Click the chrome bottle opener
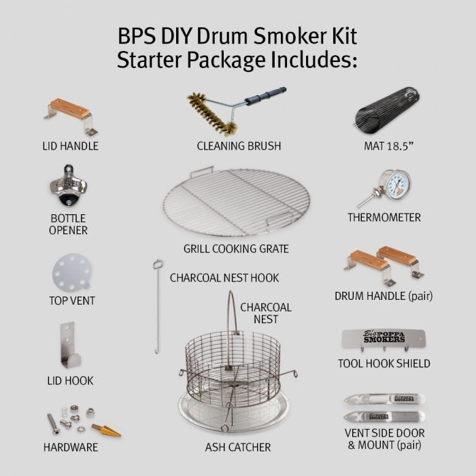pyautogui.click(x=68, y=185)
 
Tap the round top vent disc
pyautogui.click(x=71, y=272)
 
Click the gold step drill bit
pyautogui.click(x=106, y=430)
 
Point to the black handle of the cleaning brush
pyautogui.click(x=265, y=96)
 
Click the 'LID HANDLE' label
pyautogui.click(x=71, y=146)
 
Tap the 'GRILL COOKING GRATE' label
pyautogui.click(x=236, y=249)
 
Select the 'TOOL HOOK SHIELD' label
pyautogui.click(x=384, y=363)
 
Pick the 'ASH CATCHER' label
pyautogui.click(x=238, y=447)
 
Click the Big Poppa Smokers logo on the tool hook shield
pyautogui.click(x=384, y=337)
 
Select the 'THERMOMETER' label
pyautogui.click(x=384, y=218)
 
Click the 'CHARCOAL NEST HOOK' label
pyautogui.click(x=224, y=277)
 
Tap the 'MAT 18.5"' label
pyautogui.click(x=388, y=146)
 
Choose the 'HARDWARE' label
pyautogui.click(x=71, y=447)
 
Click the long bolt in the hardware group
pyautogui.click(x=53, y=424)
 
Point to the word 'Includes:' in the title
pyautogui.click(x=314, y=60)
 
